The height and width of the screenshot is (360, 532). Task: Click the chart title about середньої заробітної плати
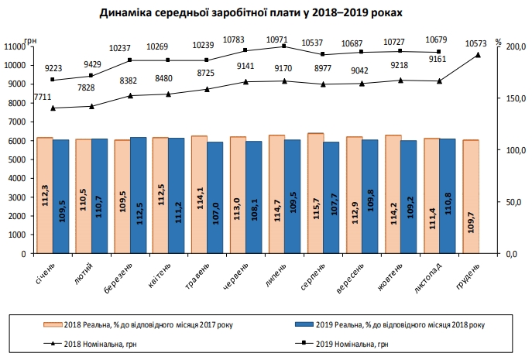(x=263, y=14)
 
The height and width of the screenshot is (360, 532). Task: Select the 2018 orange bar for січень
(x=45, y=195)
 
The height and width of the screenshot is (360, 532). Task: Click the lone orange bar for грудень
(x=470, y=197)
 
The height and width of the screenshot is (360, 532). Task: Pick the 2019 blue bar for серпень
(x=331, y=197)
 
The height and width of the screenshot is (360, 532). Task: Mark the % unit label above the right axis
(x=499, y=40)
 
